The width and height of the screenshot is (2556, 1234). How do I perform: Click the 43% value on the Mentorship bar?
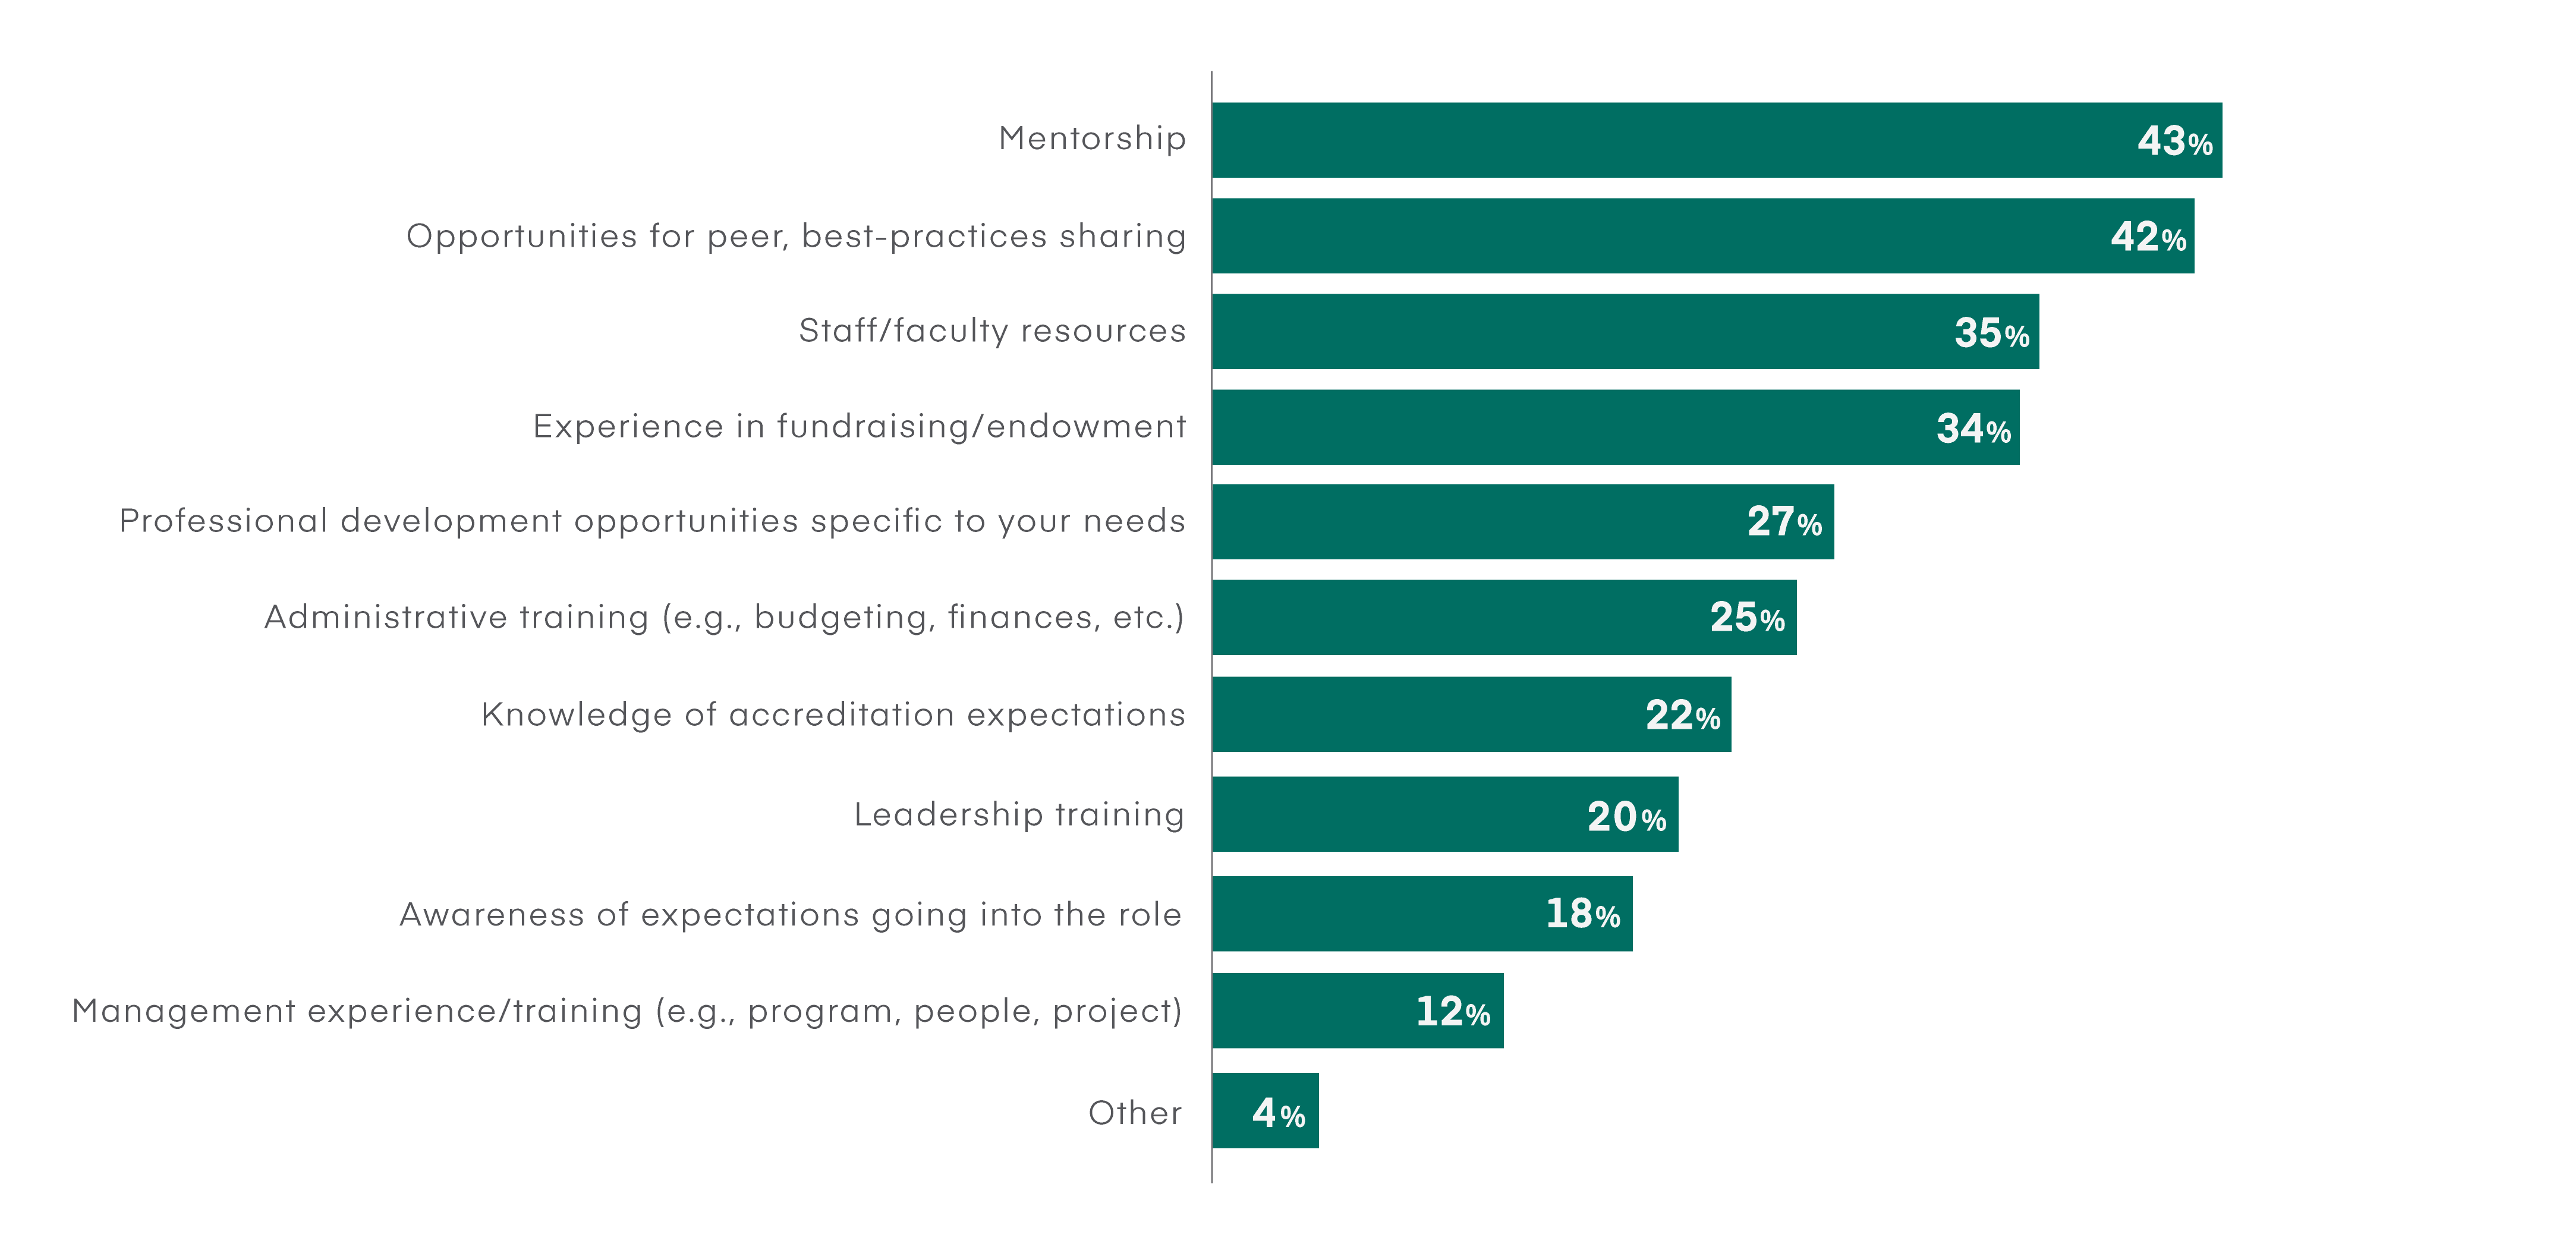[2174, 141]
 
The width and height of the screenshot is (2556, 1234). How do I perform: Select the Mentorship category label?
[1091, 138]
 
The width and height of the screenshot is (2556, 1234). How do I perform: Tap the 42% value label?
[2147, 237]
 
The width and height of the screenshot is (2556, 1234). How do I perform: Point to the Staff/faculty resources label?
[991, 330]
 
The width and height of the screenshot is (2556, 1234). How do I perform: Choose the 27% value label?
[1784, 522]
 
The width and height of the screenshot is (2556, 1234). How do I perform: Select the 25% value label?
[1746, 617]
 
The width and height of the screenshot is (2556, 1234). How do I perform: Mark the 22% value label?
[1682, 715]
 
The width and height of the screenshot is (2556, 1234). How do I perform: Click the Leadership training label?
[1019, 814]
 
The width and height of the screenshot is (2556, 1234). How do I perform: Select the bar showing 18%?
[1421, 914]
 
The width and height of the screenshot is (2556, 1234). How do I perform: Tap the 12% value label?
[1452, 1012]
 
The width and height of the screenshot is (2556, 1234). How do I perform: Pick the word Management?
[184, 1011]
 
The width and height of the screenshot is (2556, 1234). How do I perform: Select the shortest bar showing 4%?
[1265, 1111]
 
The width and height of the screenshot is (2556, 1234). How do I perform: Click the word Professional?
[224, 521]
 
